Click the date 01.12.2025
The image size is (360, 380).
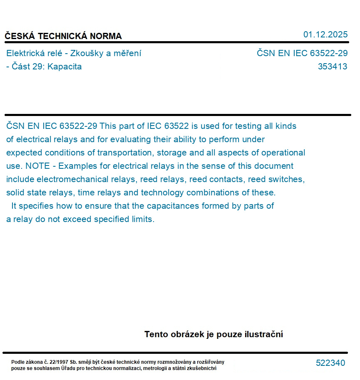(x=325, y=35)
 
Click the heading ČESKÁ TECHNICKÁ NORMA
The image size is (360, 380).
(x=63, y=36)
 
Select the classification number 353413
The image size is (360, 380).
(x=332, y=67)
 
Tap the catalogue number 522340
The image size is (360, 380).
(x=330, y=363)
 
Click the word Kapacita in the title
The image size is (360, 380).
(x=65, y=67)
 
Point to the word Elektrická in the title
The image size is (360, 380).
(x=25, y=53)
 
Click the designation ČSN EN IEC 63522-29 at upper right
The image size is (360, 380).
(x=302, y=53)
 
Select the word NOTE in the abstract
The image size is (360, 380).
(x=37, y=166)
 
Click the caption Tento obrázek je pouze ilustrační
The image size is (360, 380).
(x=214, y=334)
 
